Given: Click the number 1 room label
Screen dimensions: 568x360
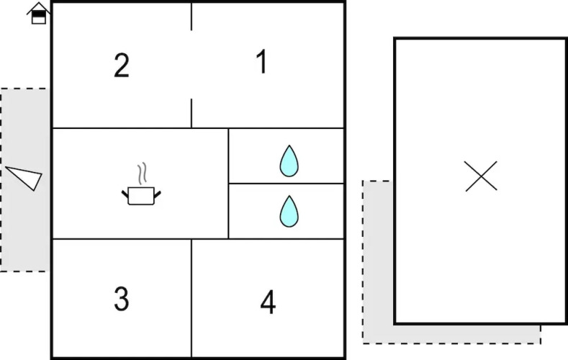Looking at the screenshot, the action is click(x=262, y=62).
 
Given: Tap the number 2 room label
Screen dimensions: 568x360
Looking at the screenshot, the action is click(x=122, y=66).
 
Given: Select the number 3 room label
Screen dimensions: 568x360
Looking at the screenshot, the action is click(x=122, y=299).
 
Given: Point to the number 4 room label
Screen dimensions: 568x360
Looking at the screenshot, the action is click(x=268, y=302).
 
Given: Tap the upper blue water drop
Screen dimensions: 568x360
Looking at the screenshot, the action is click(x=289, y=161).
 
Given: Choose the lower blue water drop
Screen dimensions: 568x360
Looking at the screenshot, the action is click(x=289, y=211).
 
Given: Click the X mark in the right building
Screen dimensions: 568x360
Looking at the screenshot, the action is click(x=481, y=176).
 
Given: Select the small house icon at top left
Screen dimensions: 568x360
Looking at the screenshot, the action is click(x=39, y=13).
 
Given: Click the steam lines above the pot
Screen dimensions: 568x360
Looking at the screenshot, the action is click(x=143, y=173).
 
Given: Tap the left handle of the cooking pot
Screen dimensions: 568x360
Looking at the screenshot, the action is click(x=125, y=194).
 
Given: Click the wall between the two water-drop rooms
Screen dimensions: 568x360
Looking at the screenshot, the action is click(x=287, y=184).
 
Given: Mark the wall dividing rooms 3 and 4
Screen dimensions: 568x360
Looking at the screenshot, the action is click(x=191, y=298).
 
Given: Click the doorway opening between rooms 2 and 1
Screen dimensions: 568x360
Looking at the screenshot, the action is click(x=191, y=65).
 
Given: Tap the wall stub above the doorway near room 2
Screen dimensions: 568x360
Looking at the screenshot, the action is click(x=191, y=17).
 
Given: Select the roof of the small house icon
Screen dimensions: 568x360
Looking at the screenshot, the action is click(x=39, y=7).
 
